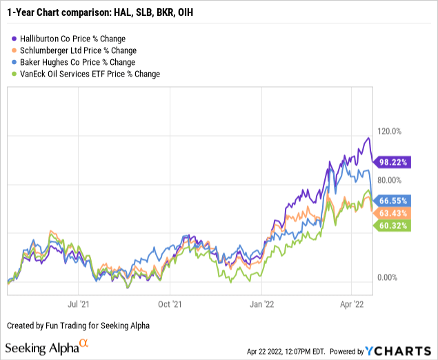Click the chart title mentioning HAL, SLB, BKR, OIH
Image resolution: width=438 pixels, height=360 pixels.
pyautogui.click(x=111, y=11)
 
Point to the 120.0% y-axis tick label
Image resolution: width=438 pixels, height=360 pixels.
pyautogui.click(x=387, y=131)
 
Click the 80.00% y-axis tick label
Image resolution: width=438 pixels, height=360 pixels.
pyautogui.click(x=387, y=180)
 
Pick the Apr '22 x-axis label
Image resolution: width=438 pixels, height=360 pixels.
pyautogui.click(x=352, y=302)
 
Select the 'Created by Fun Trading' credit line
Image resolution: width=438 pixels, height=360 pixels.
pyautogui.click(x=79, y=325)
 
